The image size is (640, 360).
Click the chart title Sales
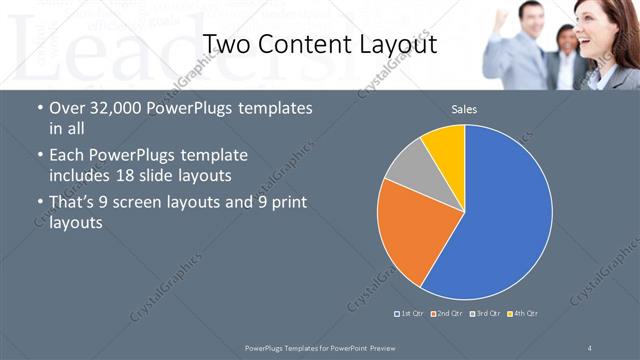coord(464,108)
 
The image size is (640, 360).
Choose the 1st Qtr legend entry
coord(409,314)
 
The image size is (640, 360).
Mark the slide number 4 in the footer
coord(590,346)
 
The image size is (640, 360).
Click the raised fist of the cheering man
coord(500,12)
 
